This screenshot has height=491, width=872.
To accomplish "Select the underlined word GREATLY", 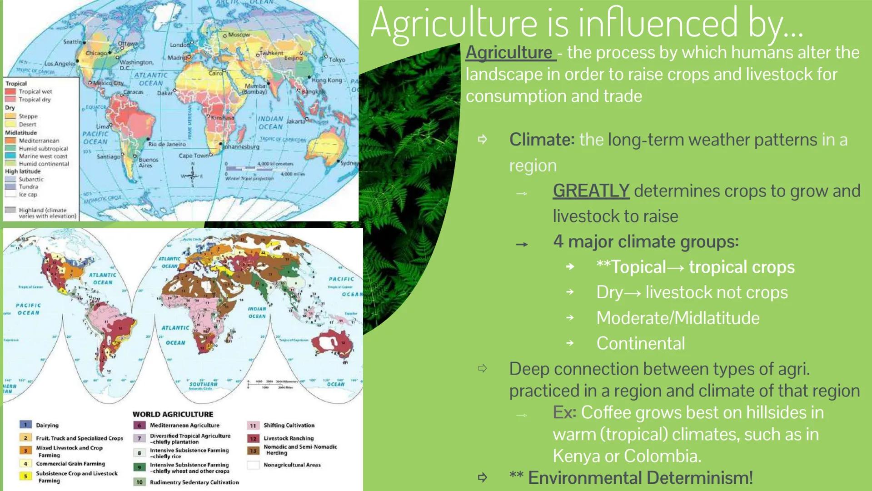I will [591, 191].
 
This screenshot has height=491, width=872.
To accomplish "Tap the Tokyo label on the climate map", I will [337, 60].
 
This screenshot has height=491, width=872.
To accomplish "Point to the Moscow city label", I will [239, 35].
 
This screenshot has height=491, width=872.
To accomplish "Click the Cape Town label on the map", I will [193, 155].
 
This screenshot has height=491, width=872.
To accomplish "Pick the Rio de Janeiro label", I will [167, 144].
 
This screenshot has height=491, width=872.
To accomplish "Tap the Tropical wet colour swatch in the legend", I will [10, 91].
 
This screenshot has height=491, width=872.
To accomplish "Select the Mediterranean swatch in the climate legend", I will [10, 140].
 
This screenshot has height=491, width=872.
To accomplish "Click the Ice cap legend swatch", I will [10, 194].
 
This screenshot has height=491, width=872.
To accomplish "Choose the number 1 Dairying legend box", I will [25, 425].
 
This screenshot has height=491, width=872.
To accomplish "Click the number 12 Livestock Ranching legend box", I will [253, 438].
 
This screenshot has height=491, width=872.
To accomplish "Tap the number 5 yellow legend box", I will [25, 476].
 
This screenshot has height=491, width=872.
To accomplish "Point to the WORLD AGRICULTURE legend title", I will [173, 414].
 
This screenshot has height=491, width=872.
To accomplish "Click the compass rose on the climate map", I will [192, 175].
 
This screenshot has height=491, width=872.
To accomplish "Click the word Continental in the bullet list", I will [640, 343].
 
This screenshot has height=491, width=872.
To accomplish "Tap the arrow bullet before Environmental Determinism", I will [483, 477].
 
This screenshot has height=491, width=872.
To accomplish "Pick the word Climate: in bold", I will [542, 140].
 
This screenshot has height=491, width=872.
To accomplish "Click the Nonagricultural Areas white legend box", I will [253, 465].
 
